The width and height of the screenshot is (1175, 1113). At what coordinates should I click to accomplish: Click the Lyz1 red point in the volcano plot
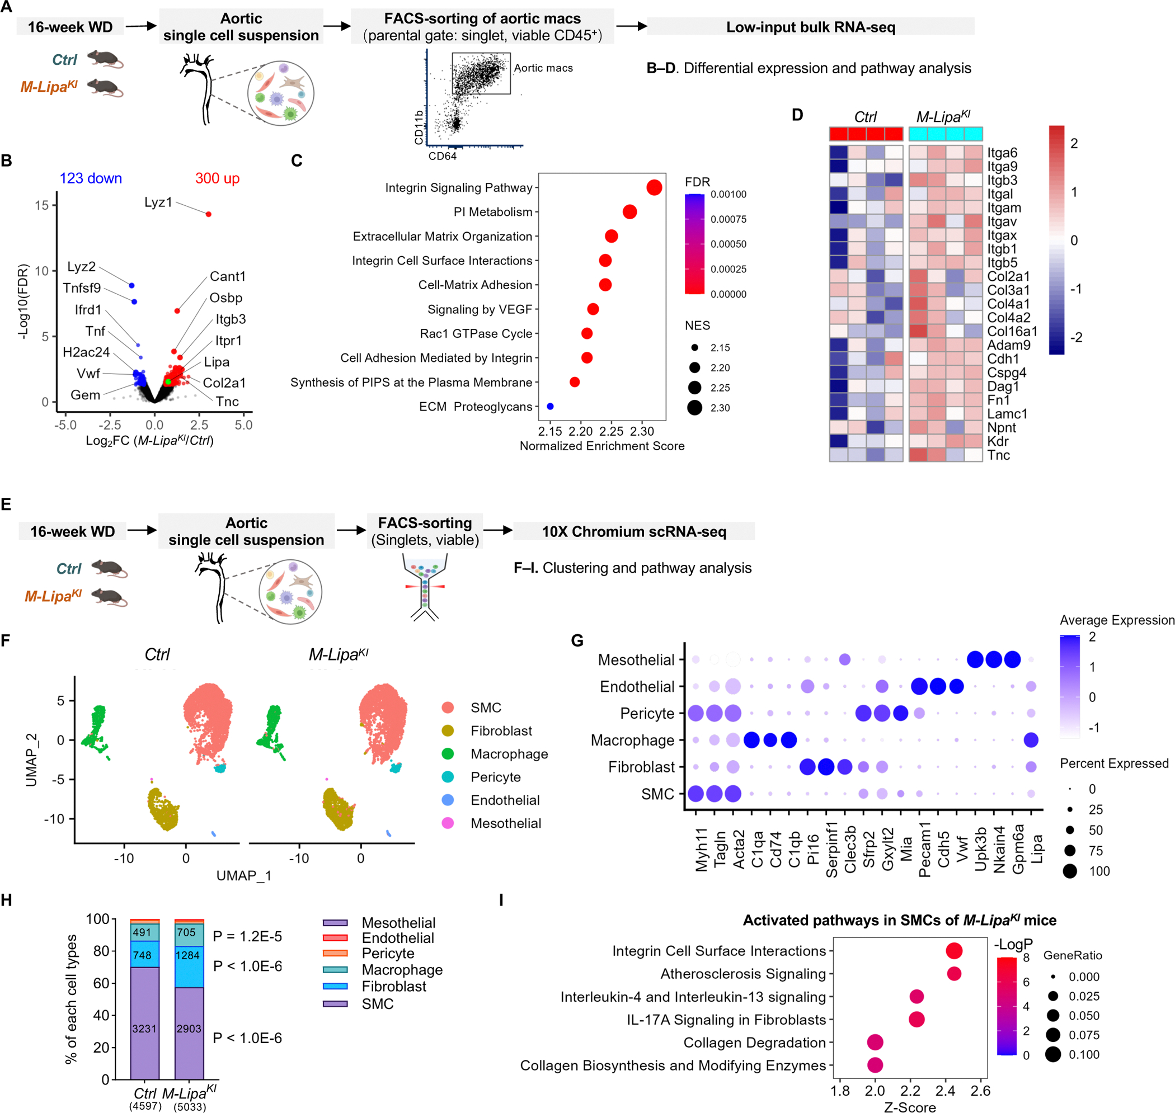point(208,214)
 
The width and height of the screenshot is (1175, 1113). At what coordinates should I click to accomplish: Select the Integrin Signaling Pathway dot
point(654,187)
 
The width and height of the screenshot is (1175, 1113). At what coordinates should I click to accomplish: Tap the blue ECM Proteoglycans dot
point(550,407)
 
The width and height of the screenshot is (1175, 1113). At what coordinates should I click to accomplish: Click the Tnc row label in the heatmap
point(998,455)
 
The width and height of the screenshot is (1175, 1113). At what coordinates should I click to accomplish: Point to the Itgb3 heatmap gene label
point(1002,180)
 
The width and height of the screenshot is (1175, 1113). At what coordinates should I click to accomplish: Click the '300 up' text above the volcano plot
point(217,178)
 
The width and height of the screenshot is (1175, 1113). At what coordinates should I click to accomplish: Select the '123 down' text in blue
point(90,178)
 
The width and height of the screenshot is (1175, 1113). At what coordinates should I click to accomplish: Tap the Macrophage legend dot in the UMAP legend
point(448,753)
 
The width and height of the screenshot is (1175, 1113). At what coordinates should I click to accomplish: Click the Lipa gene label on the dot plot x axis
point(1036,849)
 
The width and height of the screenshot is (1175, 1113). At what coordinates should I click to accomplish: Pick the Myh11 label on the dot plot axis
point(702,850)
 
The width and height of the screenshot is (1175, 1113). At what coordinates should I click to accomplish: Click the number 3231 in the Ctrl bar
point(144,1028)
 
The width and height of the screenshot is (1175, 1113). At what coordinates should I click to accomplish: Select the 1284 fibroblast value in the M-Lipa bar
point(188,955)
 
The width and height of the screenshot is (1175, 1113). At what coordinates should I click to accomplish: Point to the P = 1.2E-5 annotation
point(247,936)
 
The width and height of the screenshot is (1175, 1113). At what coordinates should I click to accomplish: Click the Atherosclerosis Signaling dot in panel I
point(953,974)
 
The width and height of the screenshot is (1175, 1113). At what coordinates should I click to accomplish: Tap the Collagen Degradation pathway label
point(754,1043)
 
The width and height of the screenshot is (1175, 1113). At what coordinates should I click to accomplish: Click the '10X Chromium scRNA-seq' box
point(633,531)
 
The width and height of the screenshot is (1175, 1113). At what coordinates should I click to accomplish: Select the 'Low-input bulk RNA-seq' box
point(810,27)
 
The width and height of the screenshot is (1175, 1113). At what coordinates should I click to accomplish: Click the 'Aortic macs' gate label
point(543,68)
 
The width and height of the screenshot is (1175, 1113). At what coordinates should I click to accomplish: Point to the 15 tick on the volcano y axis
point(41,205)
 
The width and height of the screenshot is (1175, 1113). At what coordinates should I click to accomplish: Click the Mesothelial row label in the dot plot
point(636,660)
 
